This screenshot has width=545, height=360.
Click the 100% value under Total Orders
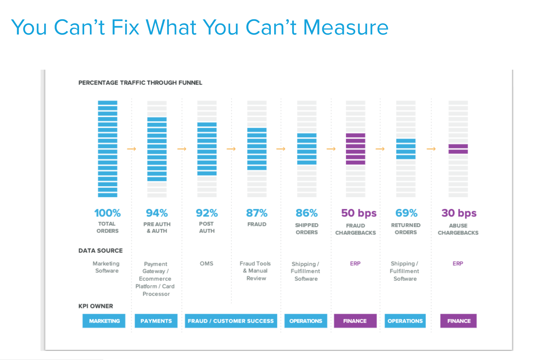[107, 213]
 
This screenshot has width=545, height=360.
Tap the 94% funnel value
[157, 213]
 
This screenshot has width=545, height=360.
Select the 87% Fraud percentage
[256, 213]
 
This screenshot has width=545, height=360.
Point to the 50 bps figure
[359, 213]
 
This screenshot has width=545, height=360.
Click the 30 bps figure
[459, 213]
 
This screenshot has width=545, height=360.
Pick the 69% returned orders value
[406, 213]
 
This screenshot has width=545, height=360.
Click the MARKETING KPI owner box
[104, 321]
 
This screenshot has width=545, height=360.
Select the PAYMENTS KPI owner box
[156, 321]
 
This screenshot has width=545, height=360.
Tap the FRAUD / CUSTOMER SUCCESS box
[231, 321]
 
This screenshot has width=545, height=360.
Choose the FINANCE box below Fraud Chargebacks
[355, 321]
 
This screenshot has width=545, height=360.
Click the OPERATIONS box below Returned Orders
[405, 321]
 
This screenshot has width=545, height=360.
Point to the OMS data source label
[206, 264]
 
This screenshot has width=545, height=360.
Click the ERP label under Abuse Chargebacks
[458, 264]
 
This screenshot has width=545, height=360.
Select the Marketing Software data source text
[106, 267]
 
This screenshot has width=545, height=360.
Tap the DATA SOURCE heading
[100, 251]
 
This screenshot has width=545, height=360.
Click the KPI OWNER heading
[96, 306]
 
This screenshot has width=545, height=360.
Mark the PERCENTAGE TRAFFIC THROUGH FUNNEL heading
[140, 83]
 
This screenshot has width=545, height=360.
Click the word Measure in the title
[345, 27]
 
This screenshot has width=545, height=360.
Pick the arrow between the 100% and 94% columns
[131, 149]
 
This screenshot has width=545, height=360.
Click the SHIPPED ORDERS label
[307, 229]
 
